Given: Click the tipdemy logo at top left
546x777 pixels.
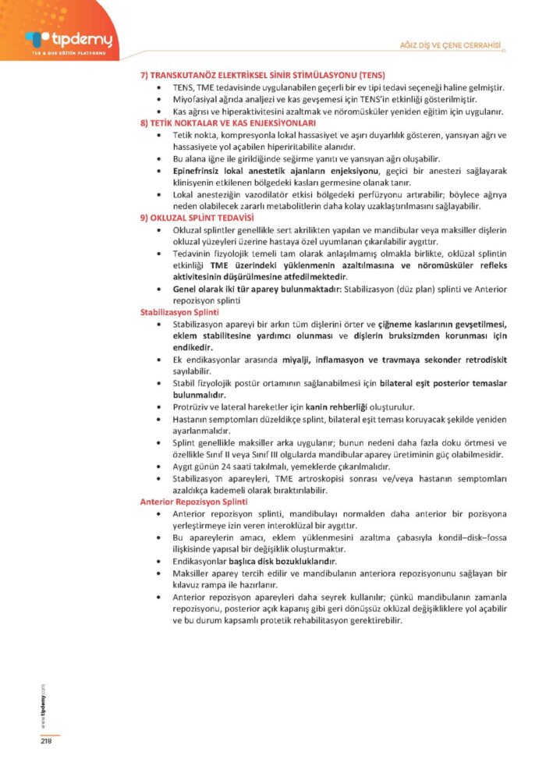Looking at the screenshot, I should (69, 39).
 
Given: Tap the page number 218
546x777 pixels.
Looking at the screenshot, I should (46, 741).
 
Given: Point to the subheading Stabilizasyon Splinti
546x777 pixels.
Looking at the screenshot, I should (179, 311).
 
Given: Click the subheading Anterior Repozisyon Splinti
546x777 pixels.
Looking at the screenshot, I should (193, 502).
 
